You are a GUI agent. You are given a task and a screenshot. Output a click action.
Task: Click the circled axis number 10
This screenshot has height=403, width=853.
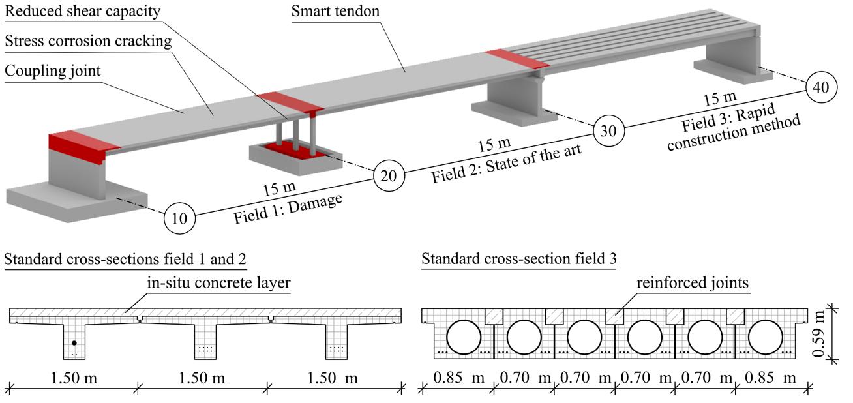click(x=179, y=218)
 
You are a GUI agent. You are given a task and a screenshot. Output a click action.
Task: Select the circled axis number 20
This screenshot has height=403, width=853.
click(x=389, y=175)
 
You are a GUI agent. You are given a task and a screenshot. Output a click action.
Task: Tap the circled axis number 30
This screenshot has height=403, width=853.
click(x=608, y=130)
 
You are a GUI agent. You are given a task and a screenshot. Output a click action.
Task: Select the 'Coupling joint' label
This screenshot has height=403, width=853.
click(x=53, y=70)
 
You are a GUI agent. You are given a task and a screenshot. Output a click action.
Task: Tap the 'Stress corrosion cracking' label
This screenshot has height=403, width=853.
click(x=88, y=41)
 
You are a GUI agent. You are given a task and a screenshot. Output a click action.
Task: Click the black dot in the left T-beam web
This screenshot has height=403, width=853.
click(x=74, y=342)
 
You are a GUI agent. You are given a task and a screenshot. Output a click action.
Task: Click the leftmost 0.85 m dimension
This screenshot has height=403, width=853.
click(x=457, y=378)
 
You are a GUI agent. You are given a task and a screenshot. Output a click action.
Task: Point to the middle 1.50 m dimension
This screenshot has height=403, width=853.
click(x=203, y=378)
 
